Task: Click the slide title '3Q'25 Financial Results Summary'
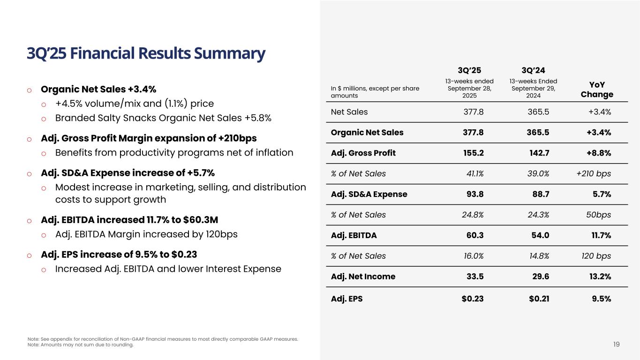point(146,54)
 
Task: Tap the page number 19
point(616,345)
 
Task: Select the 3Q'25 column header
point(469,71)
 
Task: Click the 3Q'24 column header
point(534,71)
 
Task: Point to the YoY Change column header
point(596,90)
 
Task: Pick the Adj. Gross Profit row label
point(363,153)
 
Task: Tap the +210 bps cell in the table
point(594,173)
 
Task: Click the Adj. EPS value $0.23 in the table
point(473,297)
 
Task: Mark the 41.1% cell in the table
point(473,173)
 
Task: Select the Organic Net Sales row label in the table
point(367,132)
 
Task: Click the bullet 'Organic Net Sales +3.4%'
point(98,90)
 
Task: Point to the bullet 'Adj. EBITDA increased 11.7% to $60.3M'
point(129,220)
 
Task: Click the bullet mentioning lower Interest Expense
point(168,269)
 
